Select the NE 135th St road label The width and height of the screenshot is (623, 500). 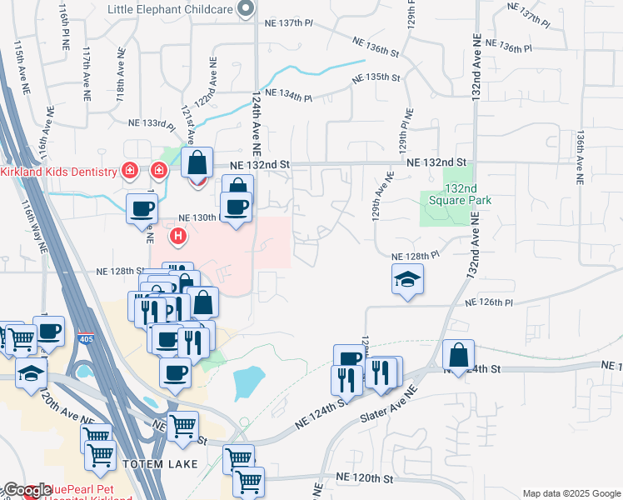(377, 77)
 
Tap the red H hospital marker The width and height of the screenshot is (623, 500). (178, 237)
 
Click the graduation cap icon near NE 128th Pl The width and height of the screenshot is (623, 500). (408, 279)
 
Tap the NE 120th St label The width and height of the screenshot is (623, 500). (364, 478)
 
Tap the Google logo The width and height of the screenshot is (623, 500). (27, 491)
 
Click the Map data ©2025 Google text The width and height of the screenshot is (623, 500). (571, 493)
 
